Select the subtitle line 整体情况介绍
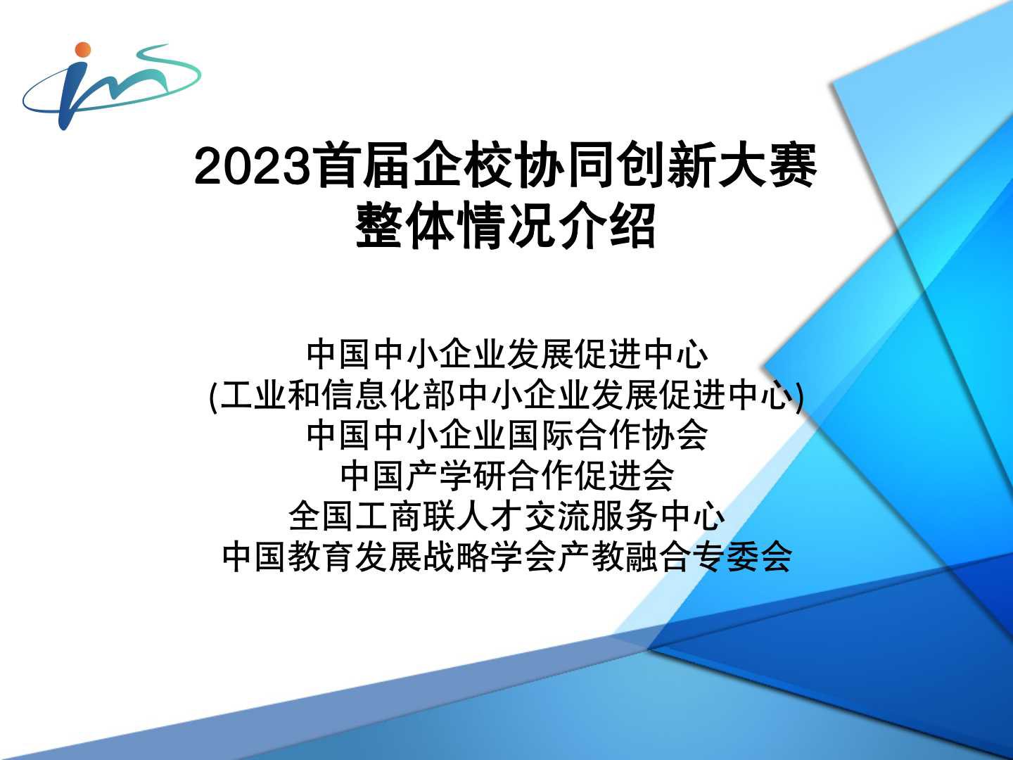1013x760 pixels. click(x=506, y=225)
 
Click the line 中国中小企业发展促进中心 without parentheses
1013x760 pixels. click(x=507, y=355)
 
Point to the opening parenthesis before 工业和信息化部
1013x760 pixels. click(x=212, y=395)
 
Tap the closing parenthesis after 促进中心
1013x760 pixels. click(x=800, y=395)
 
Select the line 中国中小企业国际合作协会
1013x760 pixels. click(x=507, y=435)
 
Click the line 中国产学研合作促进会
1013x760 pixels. click(x=507, y=475)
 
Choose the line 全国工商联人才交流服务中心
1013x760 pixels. click(x=507, y=516)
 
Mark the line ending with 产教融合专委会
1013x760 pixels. click(x=507, y=557)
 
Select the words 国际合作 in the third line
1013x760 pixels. click(x=573, y=435)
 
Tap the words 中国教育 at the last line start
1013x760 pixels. click(x=289, y=557)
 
